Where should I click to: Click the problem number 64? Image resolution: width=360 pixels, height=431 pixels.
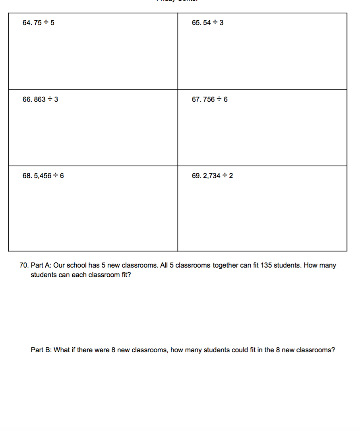pos(27,23)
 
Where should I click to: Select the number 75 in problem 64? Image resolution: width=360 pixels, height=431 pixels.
pos(37,23)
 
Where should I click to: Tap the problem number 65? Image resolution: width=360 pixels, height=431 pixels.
pos(196,23)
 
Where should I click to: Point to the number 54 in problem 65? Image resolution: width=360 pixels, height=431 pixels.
pos(207,23)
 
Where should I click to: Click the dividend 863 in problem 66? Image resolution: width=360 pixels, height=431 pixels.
pos(40,99)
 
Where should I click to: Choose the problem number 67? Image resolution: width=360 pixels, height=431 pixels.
pos(196,99)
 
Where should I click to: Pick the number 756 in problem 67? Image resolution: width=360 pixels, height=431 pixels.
pos(209,99)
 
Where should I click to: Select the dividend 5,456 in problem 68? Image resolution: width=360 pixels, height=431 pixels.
pos(43,176)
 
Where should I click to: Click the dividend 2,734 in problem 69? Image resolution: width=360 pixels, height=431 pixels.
pos(211,176)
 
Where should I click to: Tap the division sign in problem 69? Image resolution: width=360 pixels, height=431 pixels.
pos(225,176)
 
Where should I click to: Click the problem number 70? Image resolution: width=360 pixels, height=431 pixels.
pos(24,265)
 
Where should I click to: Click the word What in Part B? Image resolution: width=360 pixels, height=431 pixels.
pos(62,350)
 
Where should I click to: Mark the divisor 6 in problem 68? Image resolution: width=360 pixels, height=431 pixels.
pos(62,176)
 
